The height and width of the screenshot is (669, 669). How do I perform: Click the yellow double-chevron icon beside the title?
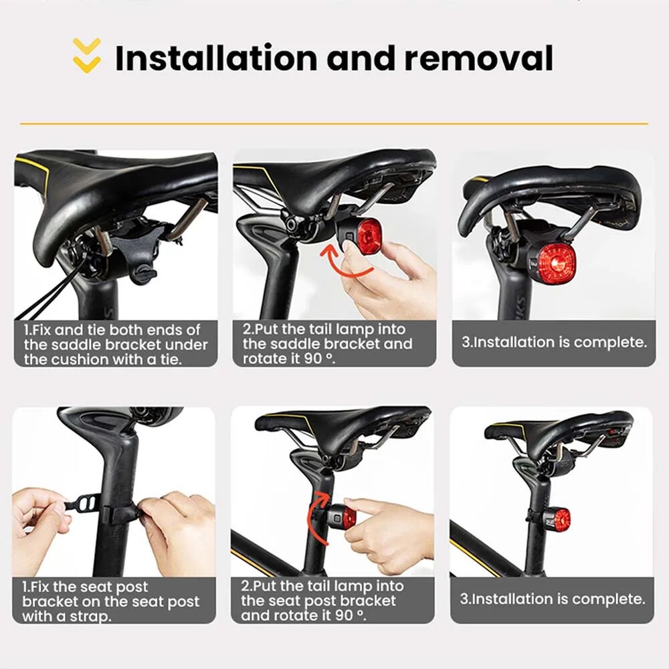(x=86, y=56)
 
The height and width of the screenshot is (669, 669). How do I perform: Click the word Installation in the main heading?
(x=216, y=58)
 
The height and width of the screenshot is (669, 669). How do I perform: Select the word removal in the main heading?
(x=479, y=58)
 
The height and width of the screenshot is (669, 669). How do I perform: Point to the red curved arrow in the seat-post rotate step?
(x=314, y=518)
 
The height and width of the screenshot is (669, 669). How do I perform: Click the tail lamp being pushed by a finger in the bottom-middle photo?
(x=340, y=517)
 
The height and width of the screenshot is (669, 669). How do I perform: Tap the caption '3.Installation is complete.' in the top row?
(x=554, y=342)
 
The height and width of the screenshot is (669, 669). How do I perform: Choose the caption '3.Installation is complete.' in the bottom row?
(x=552, y=599)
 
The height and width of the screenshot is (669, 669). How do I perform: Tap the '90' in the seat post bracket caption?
(x=344, y=615)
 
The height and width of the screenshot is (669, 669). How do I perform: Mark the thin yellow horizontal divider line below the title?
(x=334, y=124)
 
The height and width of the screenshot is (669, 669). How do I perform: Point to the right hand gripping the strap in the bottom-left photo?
(x=179, y=533)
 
